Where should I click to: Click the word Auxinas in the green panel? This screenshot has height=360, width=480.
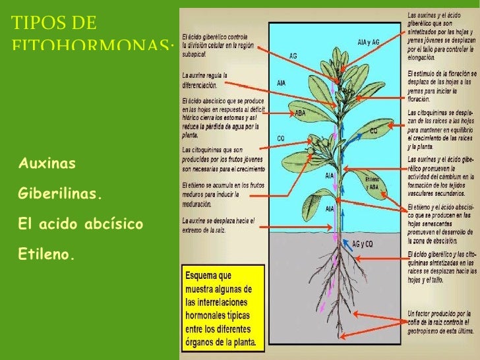(x=47, y=162)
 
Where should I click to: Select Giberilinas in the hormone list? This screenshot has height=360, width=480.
(x=61, y=195)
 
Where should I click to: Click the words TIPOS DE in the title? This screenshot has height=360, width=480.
(x=53, y=24)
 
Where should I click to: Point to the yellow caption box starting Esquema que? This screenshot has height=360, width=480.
(x=223, y=307)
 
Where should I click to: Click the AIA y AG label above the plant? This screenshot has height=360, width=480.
(x=369, y=42)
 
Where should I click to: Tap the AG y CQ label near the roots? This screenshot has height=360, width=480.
(x=363, y=243)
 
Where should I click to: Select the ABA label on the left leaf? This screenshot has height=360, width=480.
(x=300, y=113)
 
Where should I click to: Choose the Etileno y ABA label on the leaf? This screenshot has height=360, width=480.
(x=372, y=183)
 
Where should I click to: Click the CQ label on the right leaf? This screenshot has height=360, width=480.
(x=373, y=131)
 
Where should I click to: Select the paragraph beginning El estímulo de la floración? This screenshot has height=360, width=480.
(x=440, y=86)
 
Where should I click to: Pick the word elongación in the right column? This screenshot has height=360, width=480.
(x=423, y=57)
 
